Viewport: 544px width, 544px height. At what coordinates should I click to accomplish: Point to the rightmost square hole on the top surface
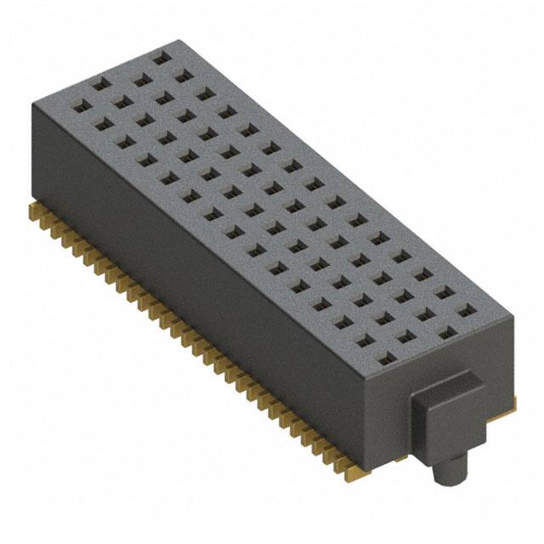(465, 310)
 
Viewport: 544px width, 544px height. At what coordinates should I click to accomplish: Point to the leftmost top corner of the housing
(32, 102)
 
